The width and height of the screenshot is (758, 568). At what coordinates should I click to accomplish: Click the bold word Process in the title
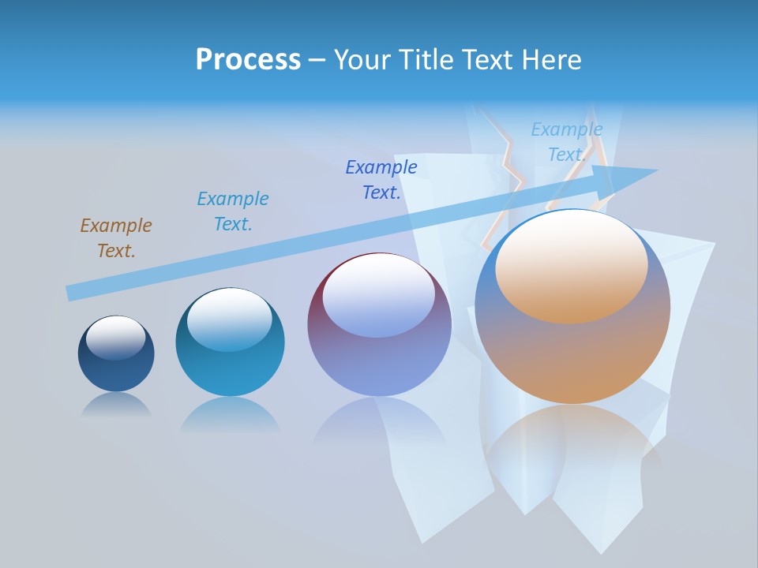click(x=248, y=60)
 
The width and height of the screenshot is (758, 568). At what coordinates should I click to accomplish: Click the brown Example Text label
click(x=116, y=238)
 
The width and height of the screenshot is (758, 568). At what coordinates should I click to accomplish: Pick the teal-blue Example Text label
click(x=233, y=211)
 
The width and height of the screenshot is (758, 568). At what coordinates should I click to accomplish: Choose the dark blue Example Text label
click(x=381, y=180)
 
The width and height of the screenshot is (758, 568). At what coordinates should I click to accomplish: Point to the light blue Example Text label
click(x=566, y=142)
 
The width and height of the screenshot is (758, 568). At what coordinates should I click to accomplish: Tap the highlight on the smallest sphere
click(x=116, y=338)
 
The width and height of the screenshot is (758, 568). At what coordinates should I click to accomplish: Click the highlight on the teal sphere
click(x=230, y=319)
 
